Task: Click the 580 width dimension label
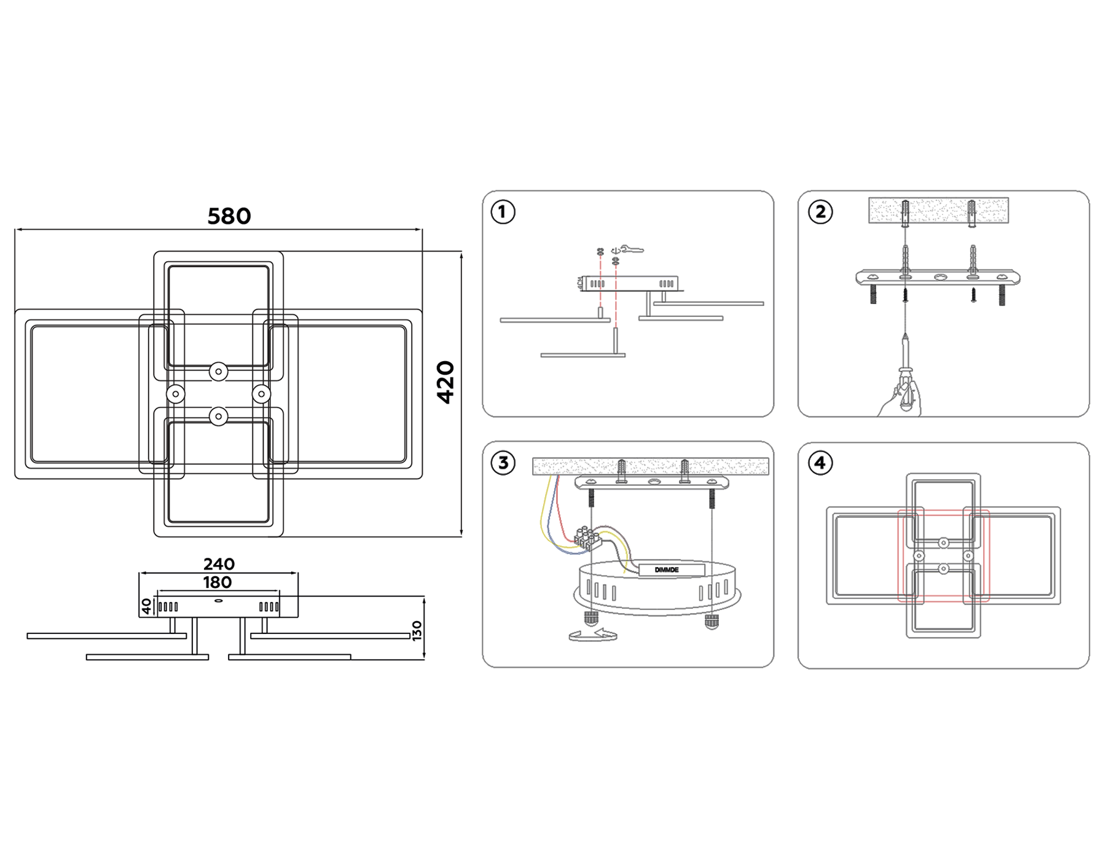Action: pos(229,216)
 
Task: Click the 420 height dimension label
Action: pos(445,382)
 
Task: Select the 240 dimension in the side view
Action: pos(219,564)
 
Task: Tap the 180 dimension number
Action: pos(218,582)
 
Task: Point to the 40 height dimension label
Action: pos(146,607)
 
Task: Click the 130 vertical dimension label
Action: pos(417,631)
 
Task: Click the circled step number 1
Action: pos(503,213)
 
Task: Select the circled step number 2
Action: pos(820,213)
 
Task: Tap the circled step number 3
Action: pos(503,463)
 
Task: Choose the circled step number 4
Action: pos(820,463)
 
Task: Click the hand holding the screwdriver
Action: pos(901,402)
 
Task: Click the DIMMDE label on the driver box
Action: pos(667,570)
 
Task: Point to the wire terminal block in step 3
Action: pos(587,537)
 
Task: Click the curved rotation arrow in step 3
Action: pos(592,636)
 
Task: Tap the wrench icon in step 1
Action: pos(632,249)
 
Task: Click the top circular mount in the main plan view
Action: pos(219,372)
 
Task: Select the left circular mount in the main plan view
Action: pos(176,394)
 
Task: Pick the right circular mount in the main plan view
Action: pos(261,394)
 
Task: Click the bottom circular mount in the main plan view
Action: pos(219,416)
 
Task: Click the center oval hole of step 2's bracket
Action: pos(941,278)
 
